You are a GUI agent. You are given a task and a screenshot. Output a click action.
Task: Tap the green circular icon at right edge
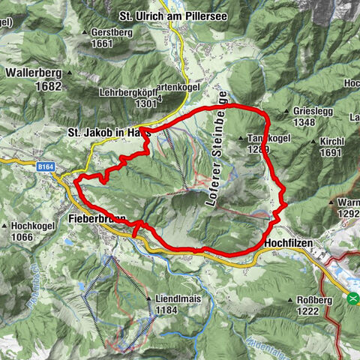pos(352,298)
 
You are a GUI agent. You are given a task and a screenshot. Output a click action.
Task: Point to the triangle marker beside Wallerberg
pos(69,73)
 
